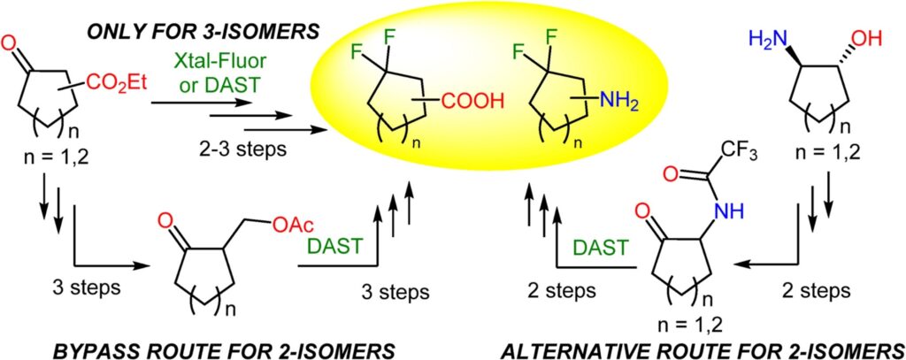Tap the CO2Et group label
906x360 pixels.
coord(118,87)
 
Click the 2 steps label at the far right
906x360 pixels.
coord(817,289)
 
